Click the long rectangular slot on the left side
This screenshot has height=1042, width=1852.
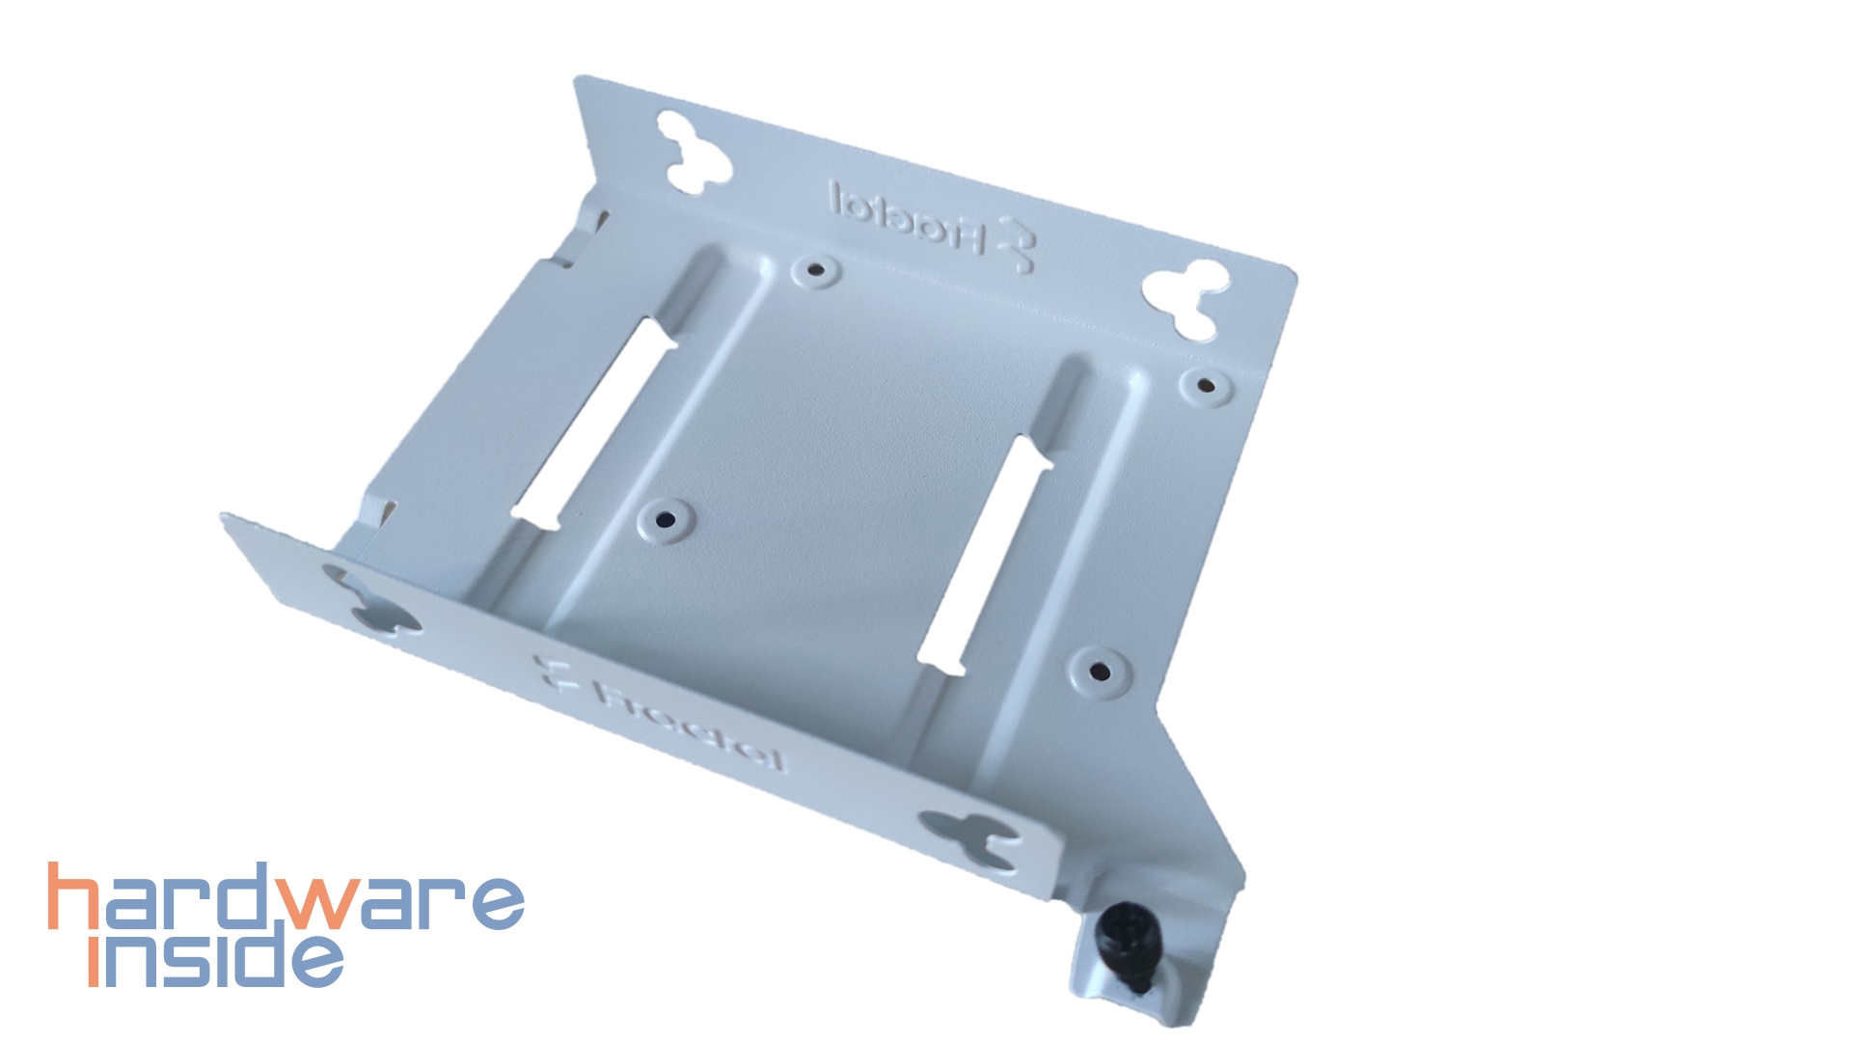click(594, 425)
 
